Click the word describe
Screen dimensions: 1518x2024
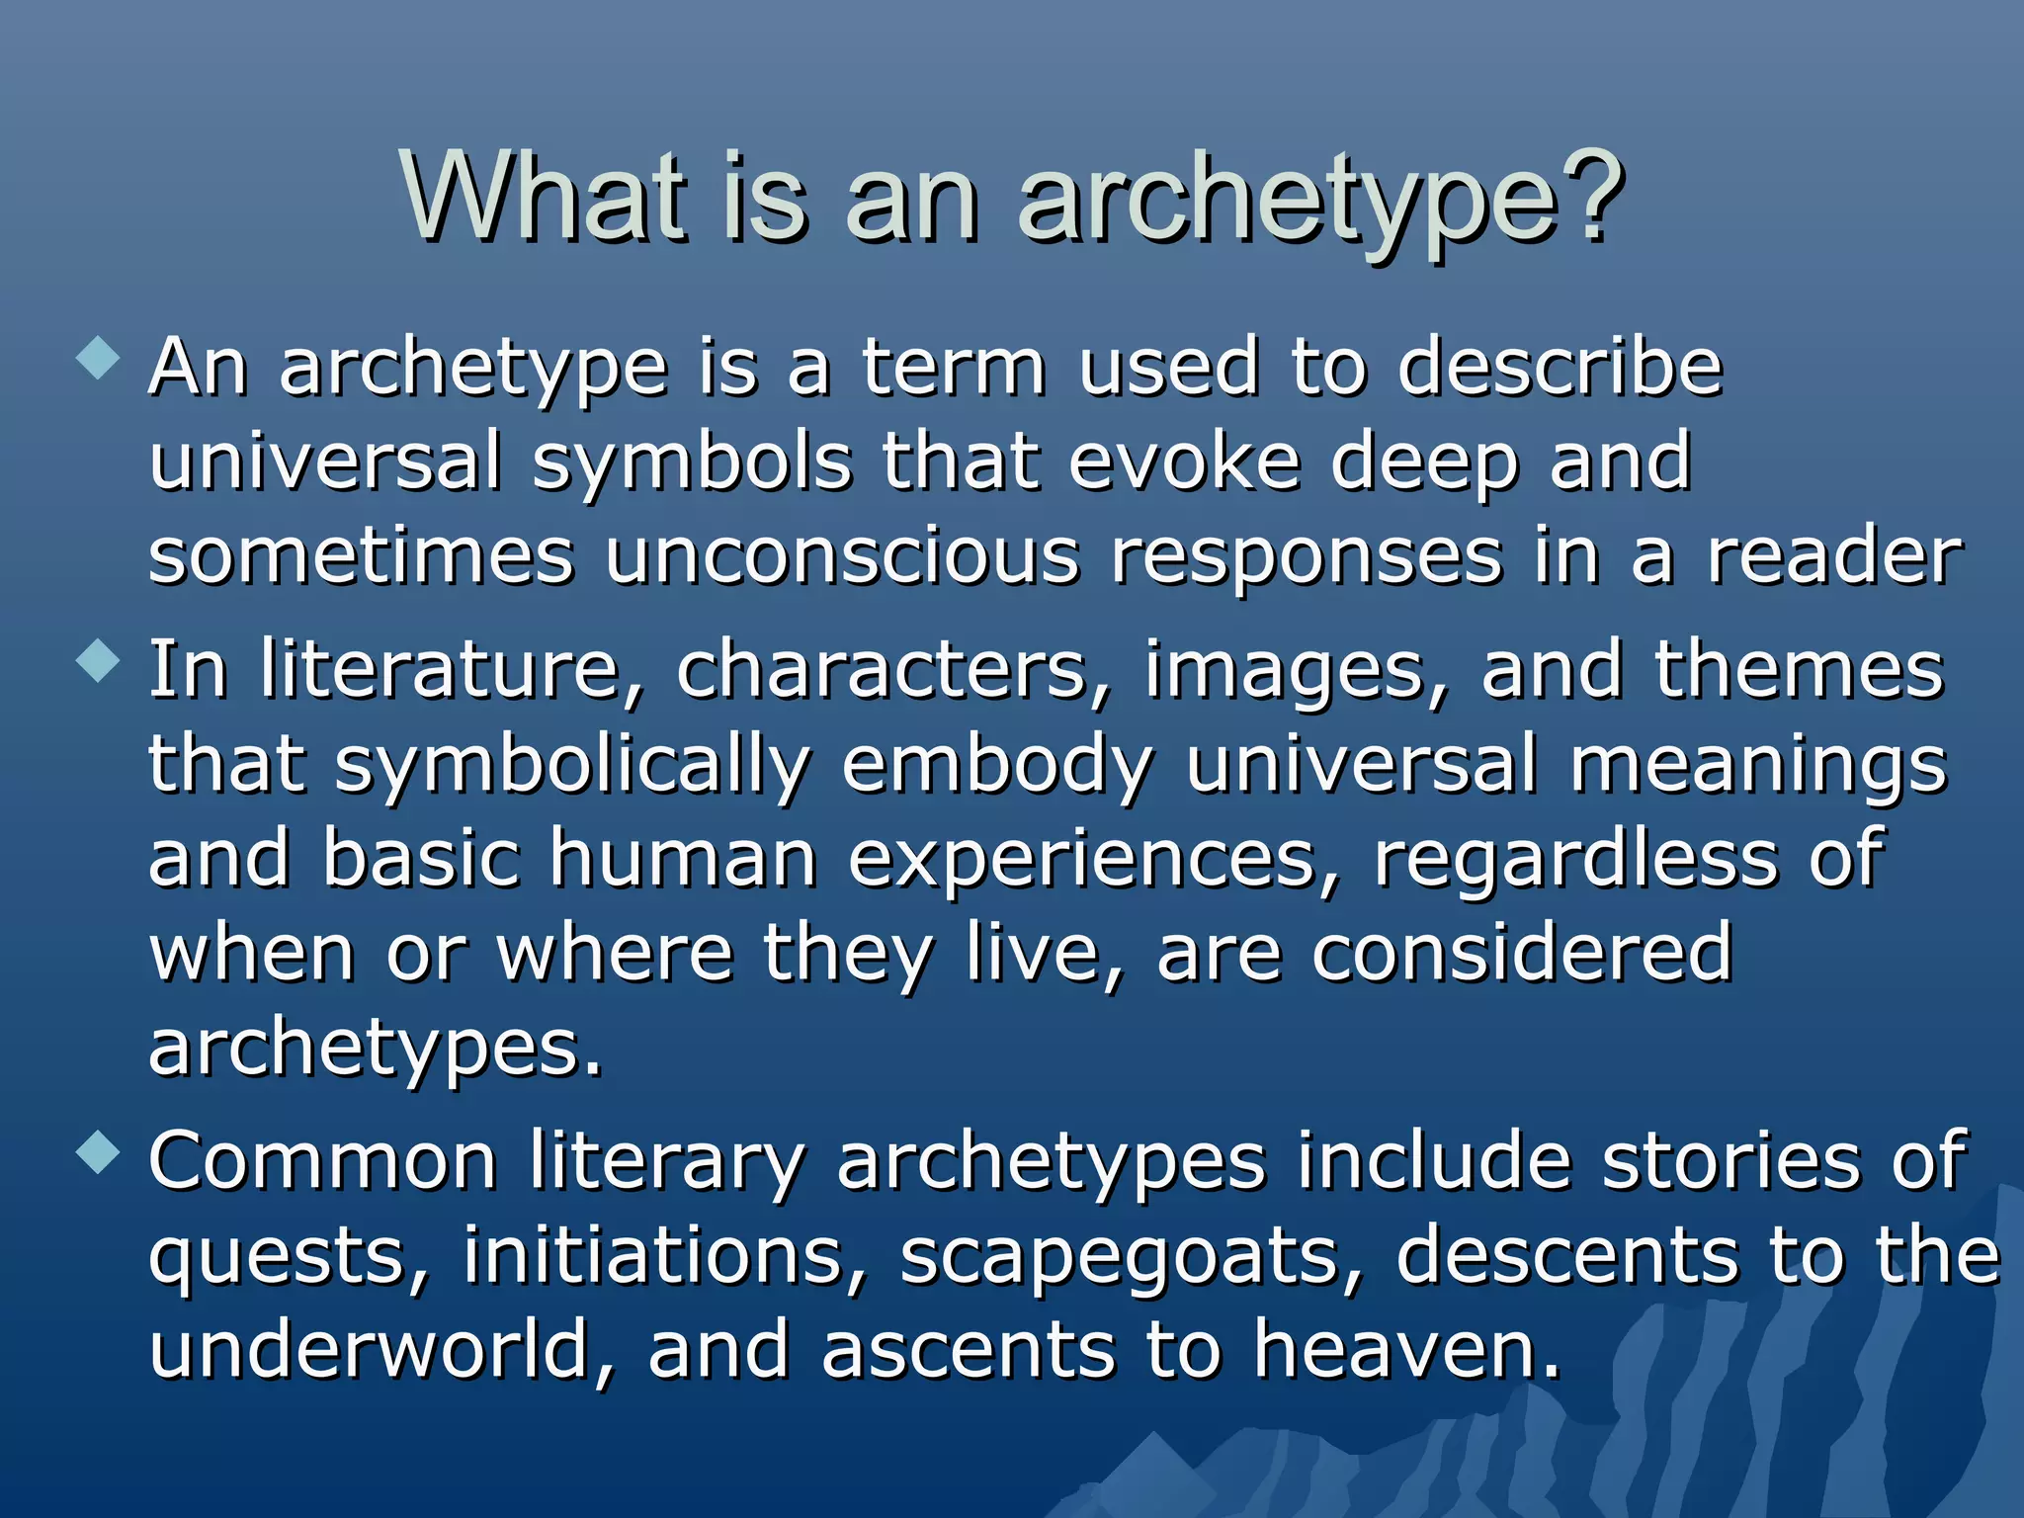click(1560, 368)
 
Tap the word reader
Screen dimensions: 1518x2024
click(1834, 557)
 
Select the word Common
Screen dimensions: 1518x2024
click(322, 1162)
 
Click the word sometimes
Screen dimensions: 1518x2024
click(361, 557)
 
